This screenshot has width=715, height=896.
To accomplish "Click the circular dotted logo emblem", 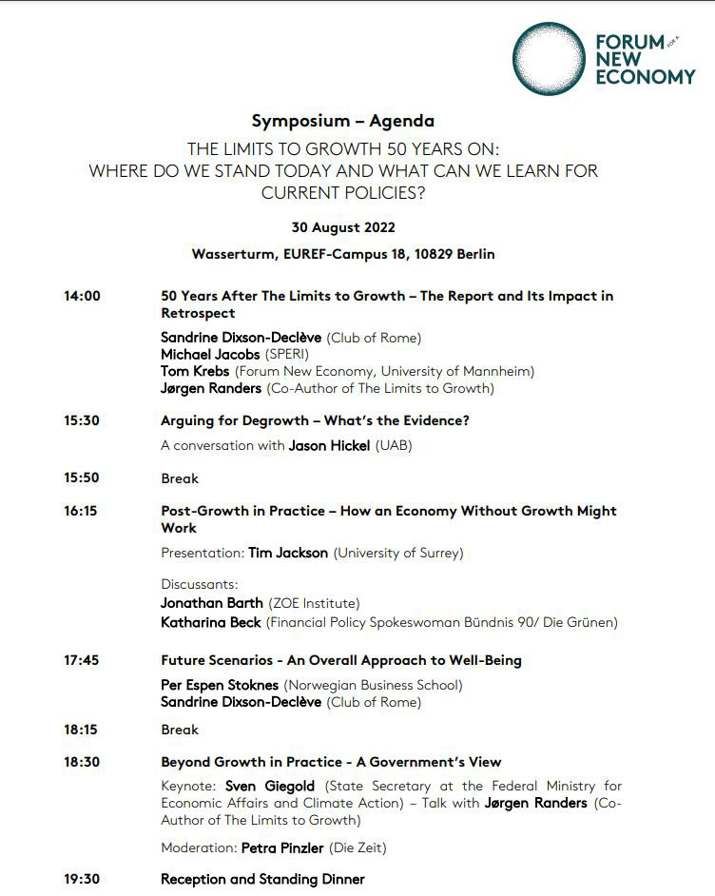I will (x=551, y=60).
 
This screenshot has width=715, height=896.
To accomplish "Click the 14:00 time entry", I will (x=82, y=296).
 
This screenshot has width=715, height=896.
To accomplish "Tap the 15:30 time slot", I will (x=82, y=420).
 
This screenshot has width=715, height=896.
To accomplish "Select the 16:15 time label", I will (x=81, y=511).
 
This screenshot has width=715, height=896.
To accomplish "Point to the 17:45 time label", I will (x=82, y=660).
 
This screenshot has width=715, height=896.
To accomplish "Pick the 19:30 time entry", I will (x=82, y=879).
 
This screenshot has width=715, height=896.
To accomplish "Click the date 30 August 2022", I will (x=343, y=227).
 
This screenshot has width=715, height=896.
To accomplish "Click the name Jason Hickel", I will (x=330, y=445).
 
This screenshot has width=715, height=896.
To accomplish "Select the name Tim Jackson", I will (x=288, y=553).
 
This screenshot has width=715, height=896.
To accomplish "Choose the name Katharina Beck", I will (x=210, y=622).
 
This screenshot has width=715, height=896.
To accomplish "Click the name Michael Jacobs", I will (x=210, y=354).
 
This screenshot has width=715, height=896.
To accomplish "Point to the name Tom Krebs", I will (x=195, y=371).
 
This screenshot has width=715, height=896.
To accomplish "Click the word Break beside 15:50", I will (x=180, y=478).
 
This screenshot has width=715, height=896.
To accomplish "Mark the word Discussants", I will (x=199, y=584).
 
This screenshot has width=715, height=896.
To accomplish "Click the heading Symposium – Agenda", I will (x=342, y=121).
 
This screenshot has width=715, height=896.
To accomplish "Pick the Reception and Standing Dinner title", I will (x=262, y=879).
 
